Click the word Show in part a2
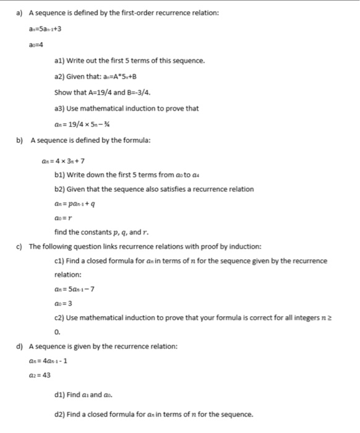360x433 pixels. point(64,93)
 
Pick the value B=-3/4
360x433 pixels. point(136,93)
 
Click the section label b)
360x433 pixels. point(19,140)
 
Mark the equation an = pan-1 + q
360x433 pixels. point(77,203)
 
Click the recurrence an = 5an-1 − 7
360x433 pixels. point(77,288)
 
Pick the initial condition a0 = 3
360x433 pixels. point(64,302)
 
